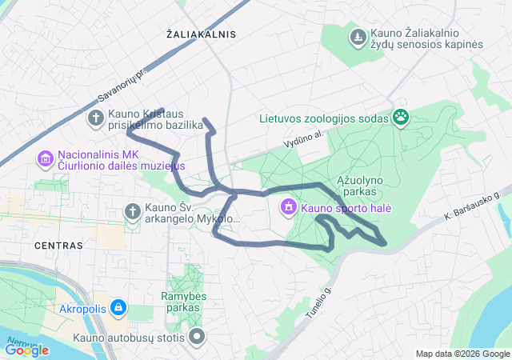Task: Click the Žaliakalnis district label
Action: (202, 34)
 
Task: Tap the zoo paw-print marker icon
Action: (401, 119)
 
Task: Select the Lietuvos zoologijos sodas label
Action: (324, 119)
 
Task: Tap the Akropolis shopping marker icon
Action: (118, 306)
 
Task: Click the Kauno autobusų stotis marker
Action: (197, 337)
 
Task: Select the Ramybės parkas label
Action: (182, 302)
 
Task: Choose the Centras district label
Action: (58, 246)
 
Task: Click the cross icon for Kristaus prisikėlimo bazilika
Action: (94, 119)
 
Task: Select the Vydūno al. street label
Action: (302, 139)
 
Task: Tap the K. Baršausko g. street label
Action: (472, 206)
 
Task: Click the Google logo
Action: (26, 350)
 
